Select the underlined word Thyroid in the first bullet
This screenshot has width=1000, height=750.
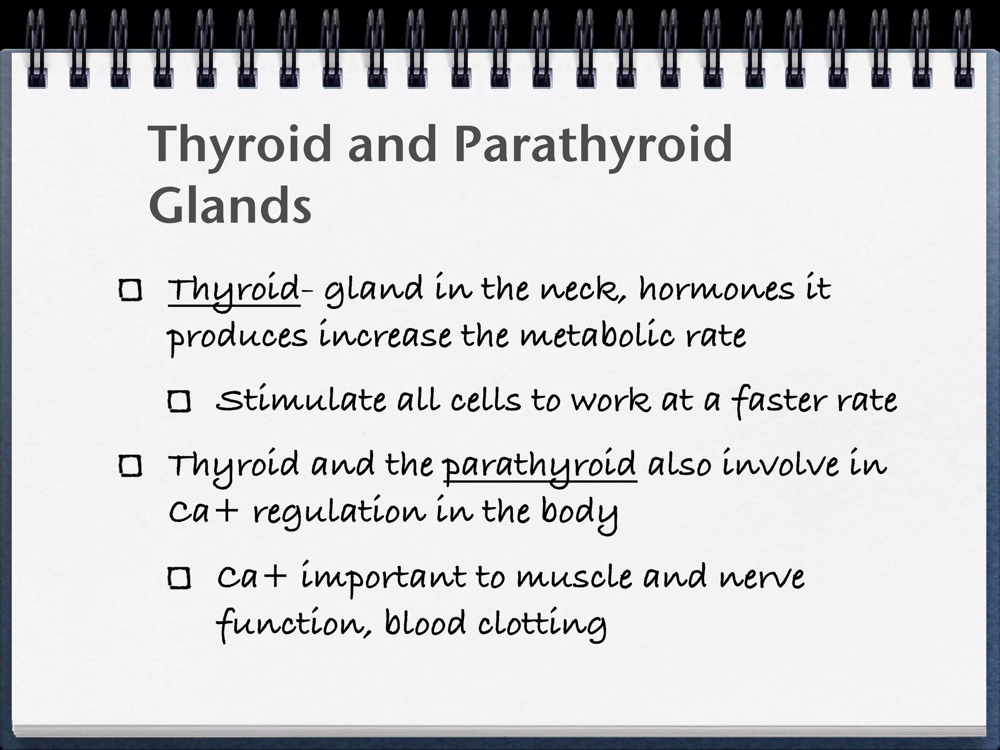pyautogui.click(x=233, y=290)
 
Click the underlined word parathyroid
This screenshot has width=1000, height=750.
pyautogui.click(x=540, y=466)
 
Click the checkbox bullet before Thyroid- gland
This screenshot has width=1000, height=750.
pyautogui.click(x=130, y=292)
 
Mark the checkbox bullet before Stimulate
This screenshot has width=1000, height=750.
pyautogui.click(x=179, y=402)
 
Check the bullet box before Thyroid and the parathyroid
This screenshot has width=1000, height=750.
pyautogui.click(x=130, y=467)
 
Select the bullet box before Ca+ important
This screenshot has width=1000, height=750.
pyautogui.click(x=179, y=579)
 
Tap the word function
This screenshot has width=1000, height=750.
pyautogui.click(x=288, y=625)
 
